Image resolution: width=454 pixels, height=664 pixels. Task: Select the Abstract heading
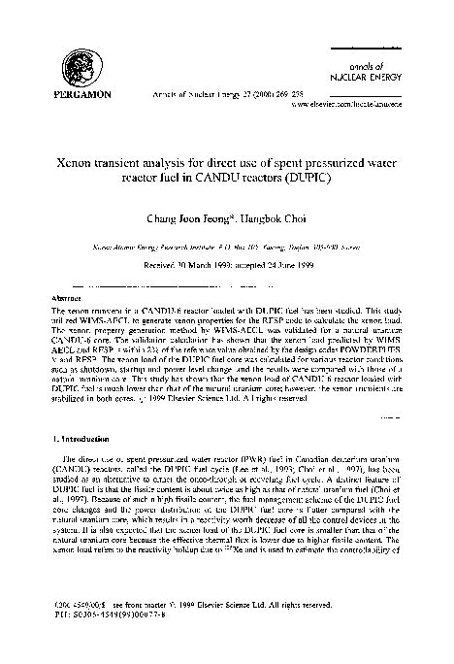click(66, 298)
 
